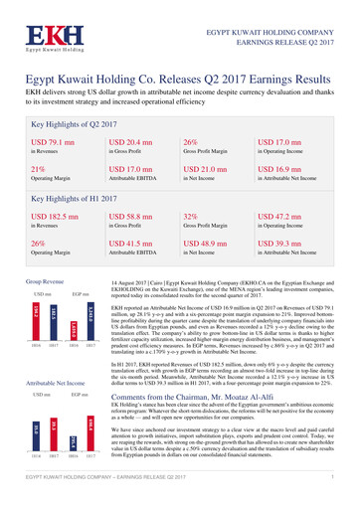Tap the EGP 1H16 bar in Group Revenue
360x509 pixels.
tap(74, 333)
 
